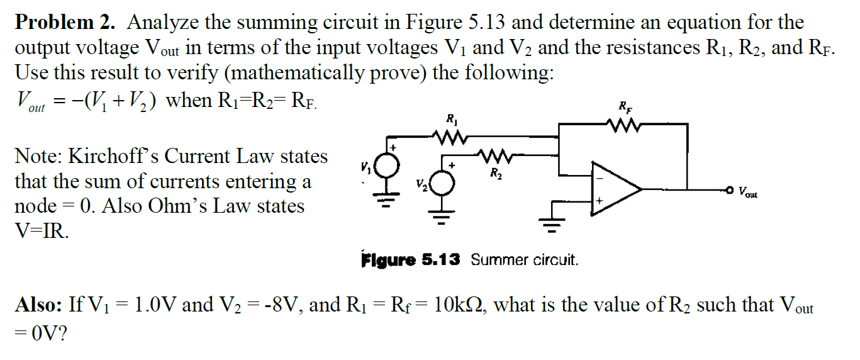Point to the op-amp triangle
pyautogui.click(x=614, y=188)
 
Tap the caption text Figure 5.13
pyautogui.click(x=410, y=259)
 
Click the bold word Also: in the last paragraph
pyautogui.click(x=38, y=305)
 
